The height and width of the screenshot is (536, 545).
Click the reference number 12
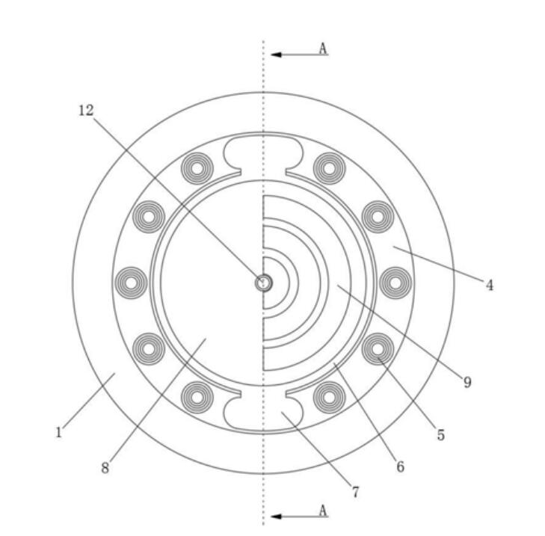click(x=86, y=111)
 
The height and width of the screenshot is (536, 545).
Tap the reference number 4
click(x=490, y=285)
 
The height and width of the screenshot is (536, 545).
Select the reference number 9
click(x=467, y=382)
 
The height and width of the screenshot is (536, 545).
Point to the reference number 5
click(x=441, y=435)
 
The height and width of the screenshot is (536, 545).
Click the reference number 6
click(x=401, y=466)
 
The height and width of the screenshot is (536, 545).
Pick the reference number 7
click(x=355, y=492)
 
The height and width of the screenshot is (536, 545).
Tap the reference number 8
click(x=105, y=468)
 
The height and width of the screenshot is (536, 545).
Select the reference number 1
click(x=59, y=432)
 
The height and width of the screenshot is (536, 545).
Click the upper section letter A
click(x=323, y=49)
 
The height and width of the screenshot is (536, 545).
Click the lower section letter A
click(x=323, y=511)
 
